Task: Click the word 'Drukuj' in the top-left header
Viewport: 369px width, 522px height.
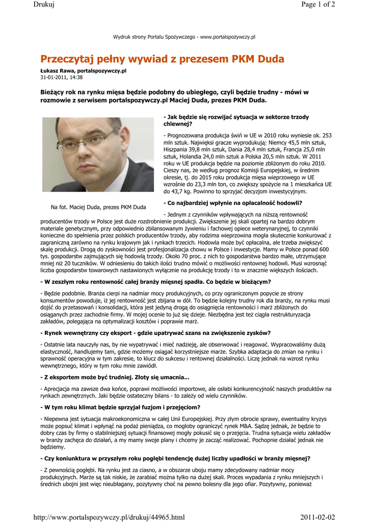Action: tap(44, 5)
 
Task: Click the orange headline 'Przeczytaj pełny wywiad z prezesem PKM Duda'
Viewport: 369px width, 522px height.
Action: tap(162, 59)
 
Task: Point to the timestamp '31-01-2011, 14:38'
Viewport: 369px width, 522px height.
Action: tap(61, 77)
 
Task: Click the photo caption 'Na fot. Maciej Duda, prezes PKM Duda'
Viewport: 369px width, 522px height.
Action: tap(98, 207)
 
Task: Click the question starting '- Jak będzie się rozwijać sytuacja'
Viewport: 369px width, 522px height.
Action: tap(236, 120)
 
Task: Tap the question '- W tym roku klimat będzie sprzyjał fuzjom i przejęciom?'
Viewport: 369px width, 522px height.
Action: tap(120, 407)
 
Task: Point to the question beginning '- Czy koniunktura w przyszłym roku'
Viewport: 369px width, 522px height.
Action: tap(175, 458)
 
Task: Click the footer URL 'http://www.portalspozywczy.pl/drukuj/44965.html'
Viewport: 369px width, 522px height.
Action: tap(109, 517)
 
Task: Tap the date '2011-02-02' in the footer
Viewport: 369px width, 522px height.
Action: tap(318, 517)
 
